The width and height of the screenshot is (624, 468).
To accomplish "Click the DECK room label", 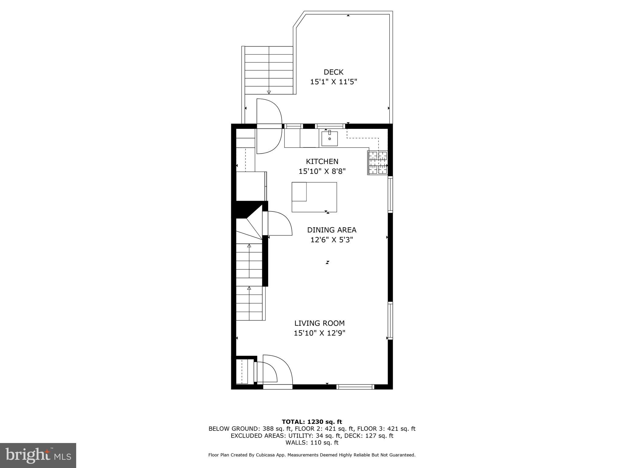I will tap(333, 72).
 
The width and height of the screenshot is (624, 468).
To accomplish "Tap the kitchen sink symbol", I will tap(329, 139).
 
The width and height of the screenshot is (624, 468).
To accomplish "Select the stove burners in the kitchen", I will tap(378, 163).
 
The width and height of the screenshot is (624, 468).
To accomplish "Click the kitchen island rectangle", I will tap(314, 197).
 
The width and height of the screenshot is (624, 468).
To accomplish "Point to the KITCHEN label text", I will tap(322, 161).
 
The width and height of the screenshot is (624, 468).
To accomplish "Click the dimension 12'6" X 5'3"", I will tap(331, 240).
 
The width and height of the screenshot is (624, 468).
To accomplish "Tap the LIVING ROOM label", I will tap(319, 323).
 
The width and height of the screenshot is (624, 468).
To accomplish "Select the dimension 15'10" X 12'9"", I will tap(319, 333).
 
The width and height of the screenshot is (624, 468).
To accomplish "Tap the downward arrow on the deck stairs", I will tap(269, 92).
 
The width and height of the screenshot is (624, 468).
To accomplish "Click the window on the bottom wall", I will tap(355, 387).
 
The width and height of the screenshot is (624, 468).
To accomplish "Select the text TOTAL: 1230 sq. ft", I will tap(312, 422).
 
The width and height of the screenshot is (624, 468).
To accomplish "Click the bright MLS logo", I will tap(38, 456).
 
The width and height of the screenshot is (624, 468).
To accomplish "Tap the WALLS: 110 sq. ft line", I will tap(312, 443).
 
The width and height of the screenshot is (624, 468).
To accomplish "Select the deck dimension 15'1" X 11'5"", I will tap(333, 82).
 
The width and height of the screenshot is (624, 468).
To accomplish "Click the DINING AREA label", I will tap(331, 230).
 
